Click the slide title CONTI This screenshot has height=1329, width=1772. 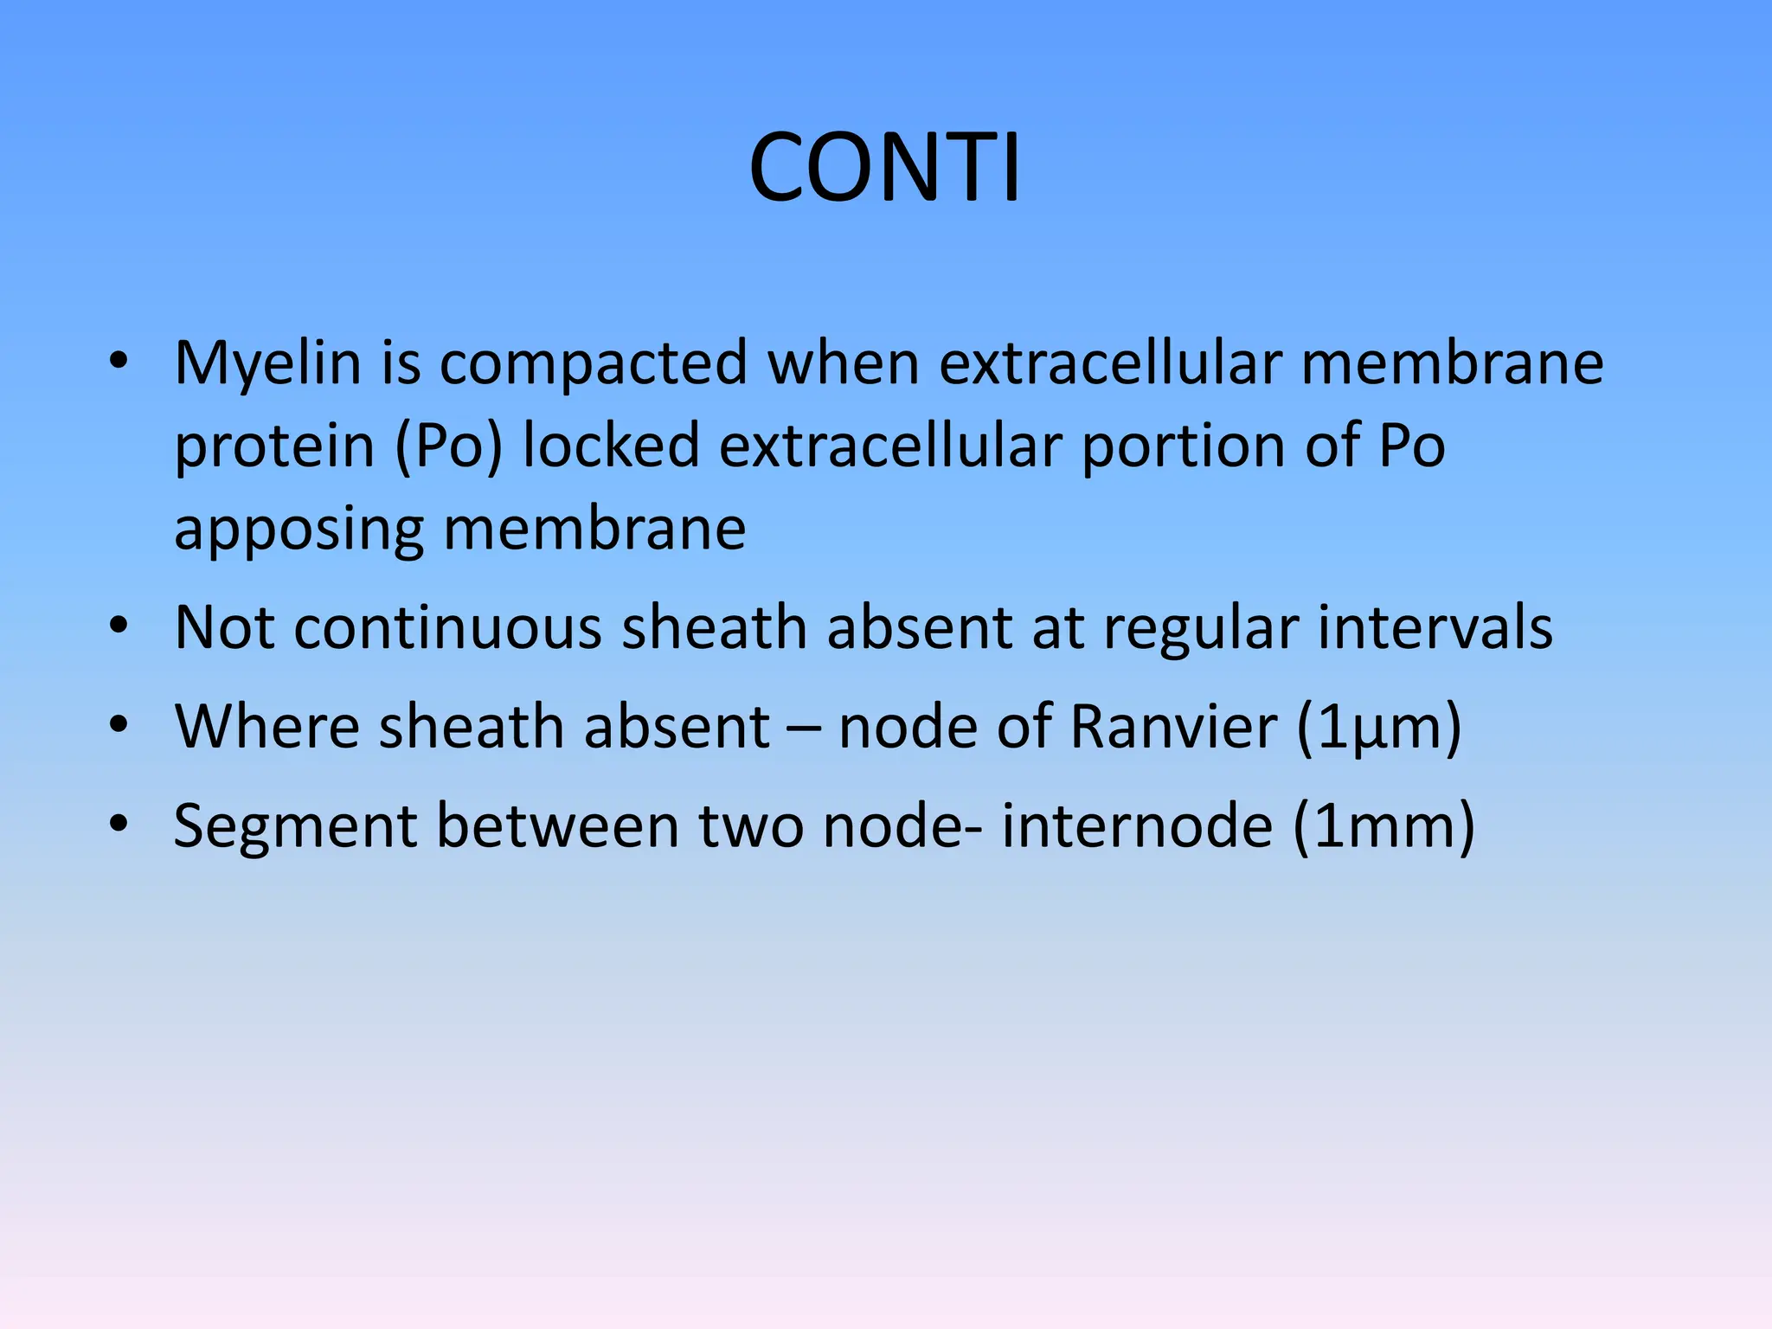point(885,168)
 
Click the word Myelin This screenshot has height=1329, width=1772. point(267,363)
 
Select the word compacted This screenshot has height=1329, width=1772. point(594,363)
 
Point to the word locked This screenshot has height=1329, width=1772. point(611,446)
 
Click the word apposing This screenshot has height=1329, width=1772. point(299,530)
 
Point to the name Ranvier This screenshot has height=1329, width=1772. point(1172,726)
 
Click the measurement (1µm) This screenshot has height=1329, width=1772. point(1378,728)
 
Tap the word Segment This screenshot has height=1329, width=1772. point(295,826)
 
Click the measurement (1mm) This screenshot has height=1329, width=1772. point(1384,826)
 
